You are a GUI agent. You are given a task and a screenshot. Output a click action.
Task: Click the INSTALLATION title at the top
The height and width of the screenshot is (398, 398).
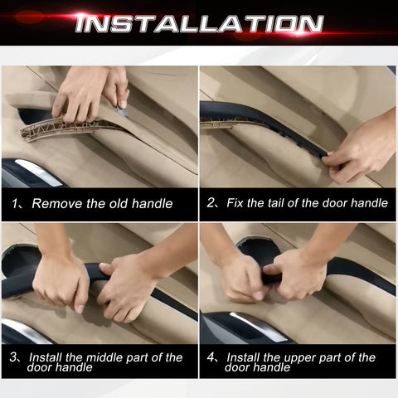point(199,23)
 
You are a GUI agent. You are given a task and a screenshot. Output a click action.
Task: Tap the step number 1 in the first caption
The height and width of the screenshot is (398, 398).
point(14,204)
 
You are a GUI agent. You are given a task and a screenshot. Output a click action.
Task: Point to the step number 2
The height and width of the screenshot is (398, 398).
point(211,203)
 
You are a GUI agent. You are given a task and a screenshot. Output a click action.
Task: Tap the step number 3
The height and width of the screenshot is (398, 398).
point(13,357)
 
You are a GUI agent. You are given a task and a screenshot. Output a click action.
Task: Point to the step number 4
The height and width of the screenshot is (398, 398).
point(211,357)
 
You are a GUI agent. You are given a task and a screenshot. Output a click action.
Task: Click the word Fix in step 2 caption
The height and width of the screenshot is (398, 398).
point(235,203)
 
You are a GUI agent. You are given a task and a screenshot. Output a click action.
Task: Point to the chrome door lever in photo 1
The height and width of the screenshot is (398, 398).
point(39,172)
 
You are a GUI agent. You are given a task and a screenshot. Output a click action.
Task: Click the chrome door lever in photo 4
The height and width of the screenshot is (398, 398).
point(257,328)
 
